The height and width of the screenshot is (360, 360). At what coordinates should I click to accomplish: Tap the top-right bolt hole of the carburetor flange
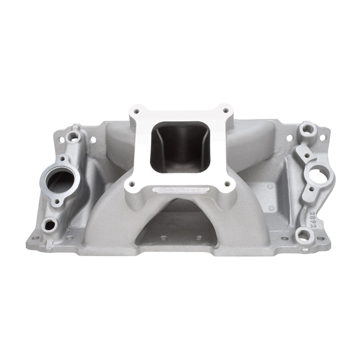[225, 110]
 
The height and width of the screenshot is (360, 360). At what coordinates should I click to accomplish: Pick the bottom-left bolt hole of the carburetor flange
[133, 184]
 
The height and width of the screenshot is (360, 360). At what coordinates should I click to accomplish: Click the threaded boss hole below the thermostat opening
[50, 225]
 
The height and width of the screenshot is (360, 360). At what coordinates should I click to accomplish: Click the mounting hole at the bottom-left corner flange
[35, 237]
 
